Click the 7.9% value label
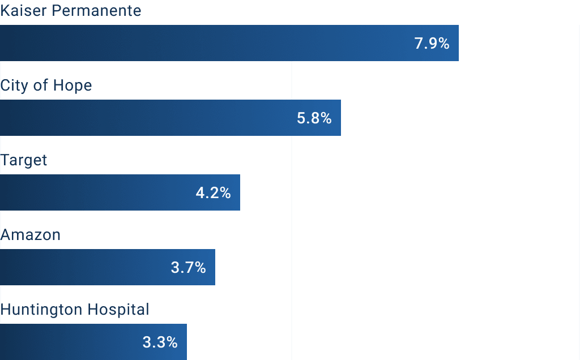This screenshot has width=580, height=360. coord(432,44)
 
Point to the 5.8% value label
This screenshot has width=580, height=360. coord(314,118)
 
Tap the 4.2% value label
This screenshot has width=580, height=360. coord(213,193)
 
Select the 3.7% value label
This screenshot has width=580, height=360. coord(188,268)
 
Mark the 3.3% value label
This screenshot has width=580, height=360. coord(160,342)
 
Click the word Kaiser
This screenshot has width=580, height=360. coord(20,11)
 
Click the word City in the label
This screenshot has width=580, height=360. coord(15,86)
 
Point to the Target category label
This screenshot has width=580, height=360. coord(24,161)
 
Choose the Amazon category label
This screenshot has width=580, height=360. coord(31,235)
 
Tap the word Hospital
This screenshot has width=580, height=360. coord(119,310)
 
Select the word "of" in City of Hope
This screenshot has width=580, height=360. coord(41,85)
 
